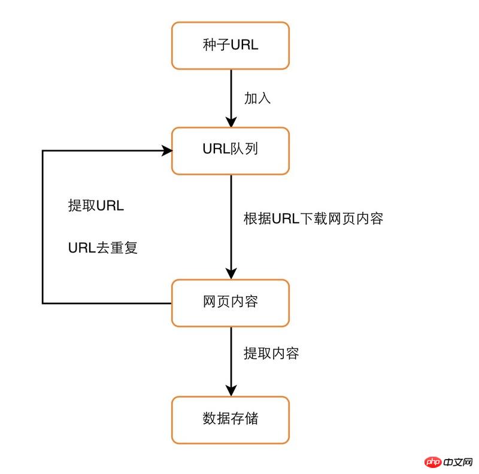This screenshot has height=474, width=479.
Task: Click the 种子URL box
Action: pyautogui.click(x=231, y=45)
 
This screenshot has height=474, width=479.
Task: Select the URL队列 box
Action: pyautogui.click(x=231, y=150)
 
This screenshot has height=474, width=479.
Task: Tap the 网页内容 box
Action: pyautogui.click(x=231, y=302)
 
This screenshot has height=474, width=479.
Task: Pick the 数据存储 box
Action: pyautogui.click(x=231, y=419)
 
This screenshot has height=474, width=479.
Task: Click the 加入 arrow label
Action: pyautogui.click(x=257, y=98)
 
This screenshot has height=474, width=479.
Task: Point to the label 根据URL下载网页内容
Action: pyautogui.click(x=313, y=218)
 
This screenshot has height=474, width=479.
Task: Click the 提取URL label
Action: pyautogui.click(x=96, y=206)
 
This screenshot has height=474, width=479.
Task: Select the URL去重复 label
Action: pyautogui.click(x=103, y=247)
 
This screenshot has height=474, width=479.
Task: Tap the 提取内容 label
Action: pyautogui.click(x=271, y=353)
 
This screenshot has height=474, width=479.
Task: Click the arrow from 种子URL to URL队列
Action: pyautogui.click(x=231, y=96)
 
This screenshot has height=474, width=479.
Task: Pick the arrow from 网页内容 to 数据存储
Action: pyautogui.click(x=231, y=359)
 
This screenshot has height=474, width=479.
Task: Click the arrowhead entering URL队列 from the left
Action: pyautogui.click(x=166, y=150)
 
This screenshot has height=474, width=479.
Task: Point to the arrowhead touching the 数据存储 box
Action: pyautogui.click(x=231, y=390)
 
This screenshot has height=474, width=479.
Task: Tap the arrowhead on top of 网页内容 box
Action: pyautogui.click(x=231, y=274)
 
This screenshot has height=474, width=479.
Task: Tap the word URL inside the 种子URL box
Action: pyautogui.click(x=245, y=45)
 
